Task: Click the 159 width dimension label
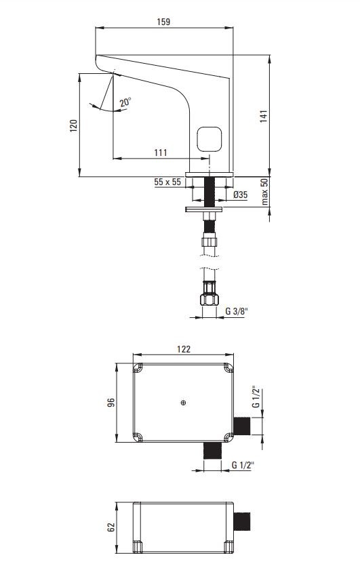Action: pyautogui.click(x=163, y=22)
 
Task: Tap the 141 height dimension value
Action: pyautogui.click(x=264, y=116)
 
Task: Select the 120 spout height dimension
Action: pyautogui.click(x=74, y=125)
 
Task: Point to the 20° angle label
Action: pyautogui.click(x=125, y=102)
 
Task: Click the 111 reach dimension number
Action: pyautogui.click(x=161, y=153)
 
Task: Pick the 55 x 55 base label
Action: pyautogui.click(x=167, y=182)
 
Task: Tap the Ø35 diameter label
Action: pyautogui.click(x=241, y=195)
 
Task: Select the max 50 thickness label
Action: pyautogui.click(x=264, y=192)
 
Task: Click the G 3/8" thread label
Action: pyautogui.click(x=237, y=311)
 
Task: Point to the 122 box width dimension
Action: pyautogui.click(x=184, y=349)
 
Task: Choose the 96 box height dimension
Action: pyautogui.click(x=111, y=403)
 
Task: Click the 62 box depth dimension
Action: pyautogui.click(x=111, y=527)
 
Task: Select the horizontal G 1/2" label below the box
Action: pyautogui.click(x=243, y=465)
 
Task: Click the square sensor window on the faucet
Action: pyautogui.click(x=209, y=140)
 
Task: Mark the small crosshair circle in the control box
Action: pyautogui.click(x=184, y=403)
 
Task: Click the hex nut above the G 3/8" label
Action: pyautogui.click(x=209, y=300)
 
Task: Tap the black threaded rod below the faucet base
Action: pyautogui.click(x=209, y=192)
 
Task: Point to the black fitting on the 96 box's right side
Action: pyautogui.click(x=242, y=426)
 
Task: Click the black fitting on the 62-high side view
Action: pyautogui.click(x=242, y=521)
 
